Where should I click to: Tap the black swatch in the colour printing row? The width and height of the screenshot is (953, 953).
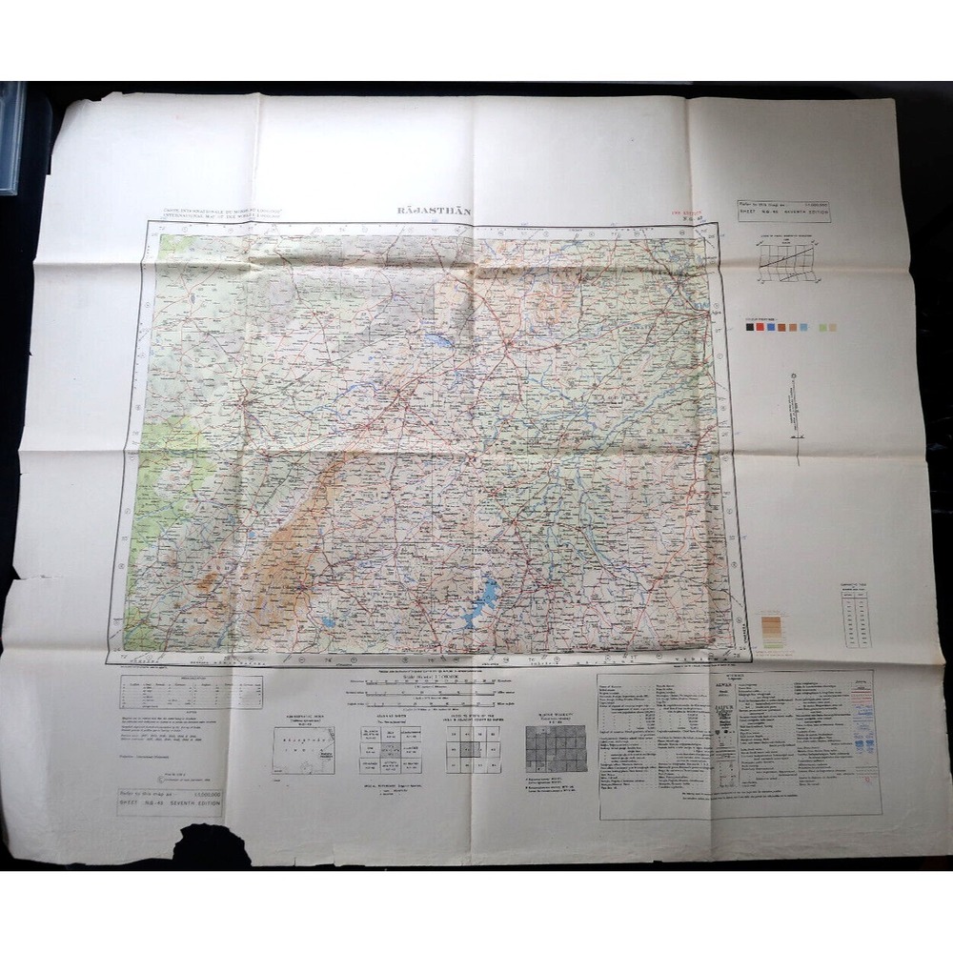[x=751, y=328]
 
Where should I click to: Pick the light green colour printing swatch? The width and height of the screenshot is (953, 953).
[x=833, y=328]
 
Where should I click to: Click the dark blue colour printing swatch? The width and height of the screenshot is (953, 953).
[x=771, y=328]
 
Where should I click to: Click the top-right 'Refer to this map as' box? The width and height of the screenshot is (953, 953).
[x=783, y=211]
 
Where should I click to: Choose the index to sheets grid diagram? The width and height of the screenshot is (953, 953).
[x=473, y=749]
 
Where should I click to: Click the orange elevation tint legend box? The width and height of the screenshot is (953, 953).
[x=773, y=632]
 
